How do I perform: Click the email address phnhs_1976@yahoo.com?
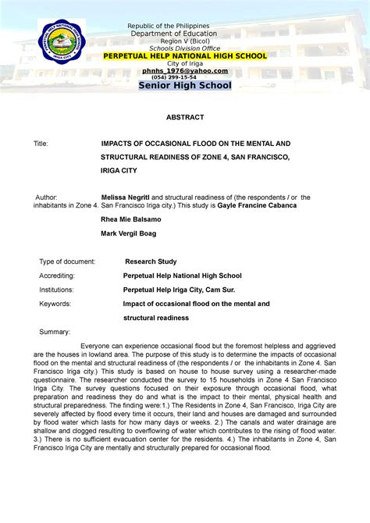185,70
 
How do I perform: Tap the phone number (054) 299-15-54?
185,77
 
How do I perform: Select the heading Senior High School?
185,86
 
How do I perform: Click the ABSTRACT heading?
185,117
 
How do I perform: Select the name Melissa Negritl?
120,197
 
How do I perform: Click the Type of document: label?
67,261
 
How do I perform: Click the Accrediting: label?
57,276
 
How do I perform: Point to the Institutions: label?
57,290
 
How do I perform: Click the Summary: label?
55,332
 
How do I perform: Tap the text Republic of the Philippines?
185,26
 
